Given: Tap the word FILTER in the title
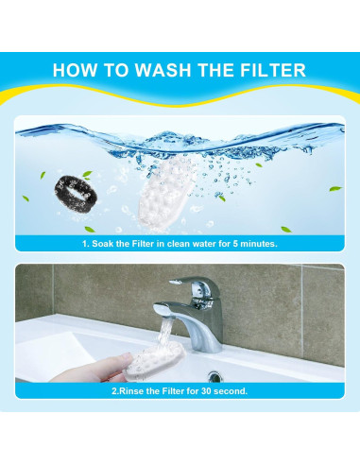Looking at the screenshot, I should click(x=266, y=70).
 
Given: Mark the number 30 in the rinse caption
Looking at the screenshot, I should click(x=206, y=390).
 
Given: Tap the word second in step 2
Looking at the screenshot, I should click(x=231, y=390).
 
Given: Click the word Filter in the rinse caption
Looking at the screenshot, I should click(x=171, y=390).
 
